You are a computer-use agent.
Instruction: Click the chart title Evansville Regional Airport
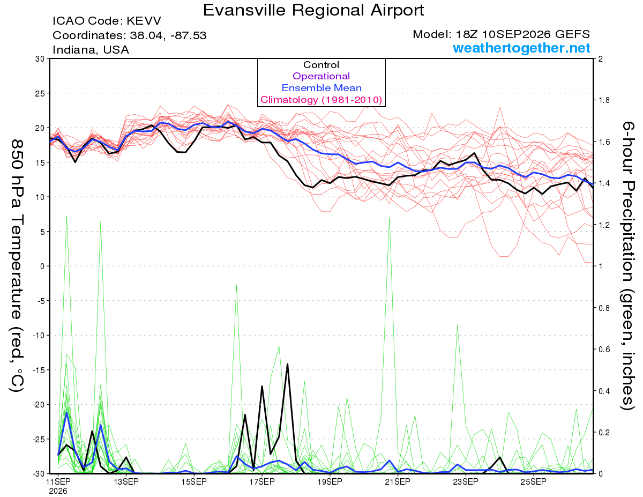tap(313, 10)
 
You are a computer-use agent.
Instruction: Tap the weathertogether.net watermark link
tap(521, 48)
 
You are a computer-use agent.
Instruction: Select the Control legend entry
tap(321, 65)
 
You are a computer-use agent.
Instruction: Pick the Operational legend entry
tap(321, 76)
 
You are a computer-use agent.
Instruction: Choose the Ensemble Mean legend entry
tap(322, 88)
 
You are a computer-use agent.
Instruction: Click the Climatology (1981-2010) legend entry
tap(321, 100)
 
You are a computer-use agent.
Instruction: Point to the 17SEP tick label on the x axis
tap(262, 481)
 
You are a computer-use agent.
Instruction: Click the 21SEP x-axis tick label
tap(398, 481)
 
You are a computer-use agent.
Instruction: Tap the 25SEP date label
tap(534, 481)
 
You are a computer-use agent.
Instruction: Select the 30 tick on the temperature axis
tap(40, 59)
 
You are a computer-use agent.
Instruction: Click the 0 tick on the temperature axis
tap(42, 266)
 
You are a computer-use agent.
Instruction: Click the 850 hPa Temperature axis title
tap(17, 266)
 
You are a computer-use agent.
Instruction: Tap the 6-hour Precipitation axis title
tap(627, 266)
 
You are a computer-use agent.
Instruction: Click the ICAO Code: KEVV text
tap(107, 21)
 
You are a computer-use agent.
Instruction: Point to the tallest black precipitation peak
tap(287, 364)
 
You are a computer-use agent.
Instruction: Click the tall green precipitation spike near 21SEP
tap(389, 218)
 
